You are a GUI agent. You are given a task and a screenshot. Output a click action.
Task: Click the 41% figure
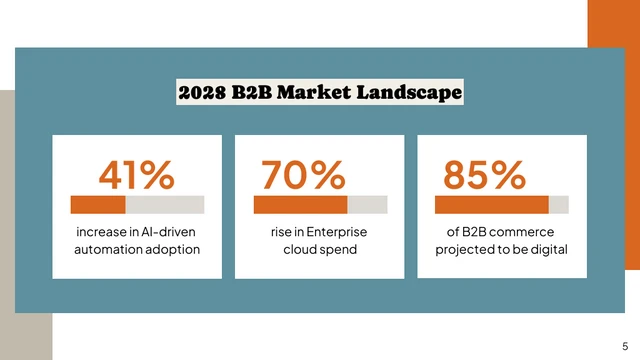click(x=136, y=175)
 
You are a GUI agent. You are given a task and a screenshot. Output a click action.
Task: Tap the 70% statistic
click(x=302, y=175)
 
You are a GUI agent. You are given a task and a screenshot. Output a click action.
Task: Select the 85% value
click(x=484, y=175)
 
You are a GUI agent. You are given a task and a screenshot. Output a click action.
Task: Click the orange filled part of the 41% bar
click(x=97, y=205)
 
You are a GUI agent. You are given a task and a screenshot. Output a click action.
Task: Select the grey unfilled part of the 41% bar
click(x=165, y=205)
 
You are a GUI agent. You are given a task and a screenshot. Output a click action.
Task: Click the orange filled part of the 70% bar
click(x=300, y=205)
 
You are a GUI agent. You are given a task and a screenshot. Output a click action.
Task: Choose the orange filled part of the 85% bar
click(x=491, y=205)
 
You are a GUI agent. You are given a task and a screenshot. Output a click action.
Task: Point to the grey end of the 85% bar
click(x=559, y=205)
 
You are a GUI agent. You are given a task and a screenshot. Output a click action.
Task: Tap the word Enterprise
click(x=334, y=232)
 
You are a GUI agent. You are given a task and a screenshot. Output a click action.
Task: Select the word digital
click(x=549, y=250)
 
